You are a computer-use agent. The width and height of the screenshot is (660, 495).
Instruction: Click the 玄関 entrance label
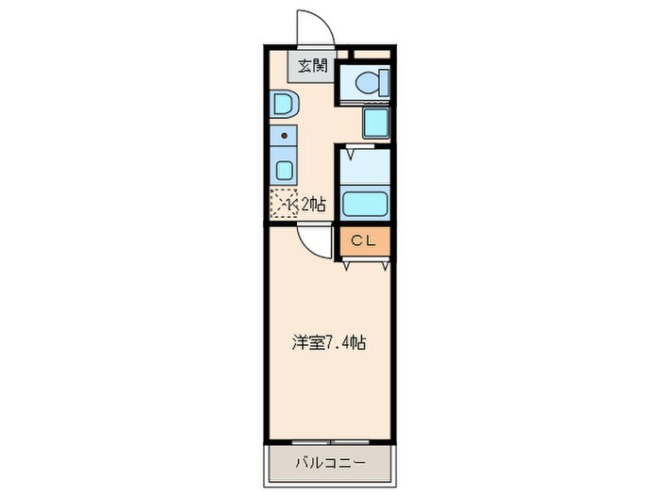[312, 66]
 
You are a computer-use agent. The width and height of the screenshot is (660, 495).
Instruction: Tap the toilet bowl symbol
[367, 83]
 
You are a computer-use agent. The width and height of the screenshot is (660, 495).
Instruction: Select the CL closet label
[364, 240]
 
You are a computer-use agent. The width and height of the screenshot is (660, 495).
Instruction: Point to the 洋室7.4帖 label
[329, 343]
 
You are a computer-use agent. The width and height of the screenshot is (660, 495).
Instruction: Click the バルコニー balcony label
[330, 464]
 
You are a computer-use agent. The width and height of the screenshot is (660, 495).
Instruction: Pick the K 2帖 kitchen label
[305, 205]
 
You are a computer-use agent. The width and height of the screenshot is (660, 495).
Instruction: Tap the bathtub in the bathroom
[365, 204]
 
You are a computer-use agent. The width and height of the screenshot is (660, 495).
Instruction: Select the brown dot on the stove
[285, 136]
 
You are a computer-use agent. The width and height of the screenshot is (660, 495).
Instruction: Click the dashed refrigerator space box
[284, 203]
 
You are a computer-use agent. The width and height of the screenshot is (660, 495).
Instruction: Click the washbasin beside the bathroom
[375, 122]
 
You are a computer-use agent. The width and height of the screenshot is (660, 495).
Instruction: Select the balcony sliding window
[330, 442]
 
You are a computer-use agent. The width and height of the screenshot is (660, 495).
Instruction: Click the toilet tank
[385, 83]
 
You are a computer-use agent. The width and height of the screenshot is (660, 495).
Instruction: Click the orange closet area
[365, 241]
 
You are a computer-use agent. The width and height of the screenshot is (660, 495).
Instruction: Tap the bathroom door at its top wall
[360, 146]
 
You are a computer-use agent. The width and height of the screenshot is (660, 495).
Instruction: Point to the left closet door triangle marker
[346, 266]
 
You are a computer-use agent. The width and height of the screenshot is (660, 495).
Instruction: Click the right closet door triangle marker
[385, 266]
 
